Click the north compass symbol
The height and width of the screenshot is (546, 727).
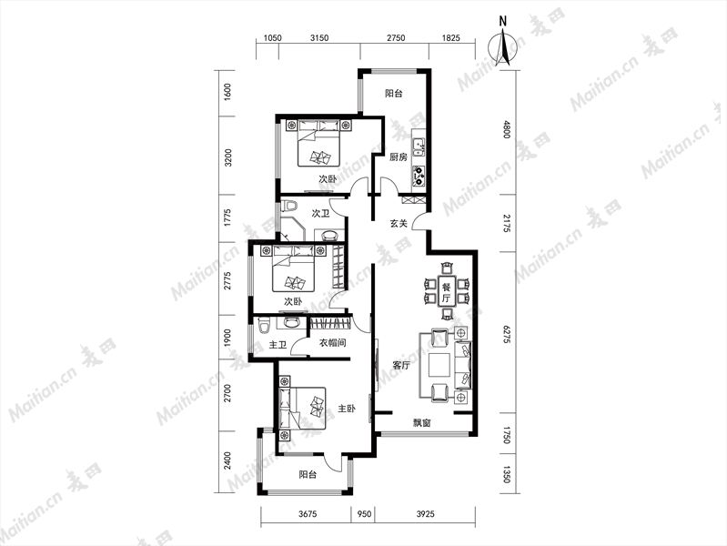tap(503, 46)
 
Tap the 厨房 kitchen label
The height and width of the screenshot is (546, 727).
tap(398, 157)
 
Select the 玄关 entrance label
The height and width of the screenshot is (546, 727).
tap(398, 224)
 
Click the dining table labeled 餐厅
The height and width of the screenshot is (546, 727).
tap(447, 292)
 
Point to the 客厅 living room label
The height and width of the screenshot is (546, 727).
tap(401, 366)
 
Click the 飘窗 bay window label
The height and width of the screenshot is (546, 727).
tap(422, 423)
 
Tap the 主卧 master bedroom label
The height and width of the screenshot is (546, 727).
tap(347, 409)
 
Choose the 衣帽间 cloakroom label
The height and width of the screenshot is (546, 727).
tap(332, 343)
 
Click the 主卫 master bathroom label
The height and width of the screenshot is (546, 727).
tap(278, 345)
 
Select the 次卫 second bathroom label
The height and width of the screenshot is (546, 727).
tap(320, 213)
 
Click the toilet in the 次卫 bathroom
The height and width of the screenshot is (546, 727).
tap(290, 205)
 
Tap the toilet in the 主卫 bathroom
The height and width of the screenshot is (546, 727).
tap(263, 325)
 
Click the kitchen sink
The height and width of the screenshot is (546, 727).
tap(419, 146)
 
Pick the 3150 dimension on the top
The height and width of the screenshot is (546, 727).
tap(319, 38)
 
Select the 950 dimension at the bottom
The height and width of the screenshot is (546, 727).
tap(363, 513)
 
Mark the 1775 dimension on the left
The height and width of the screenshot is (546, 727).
tap(227, 218)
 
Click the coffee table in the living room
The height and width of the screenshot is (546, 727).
tap(439, 365)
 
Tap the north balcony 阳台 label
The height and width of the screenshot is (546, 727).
tap(394, 93)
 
